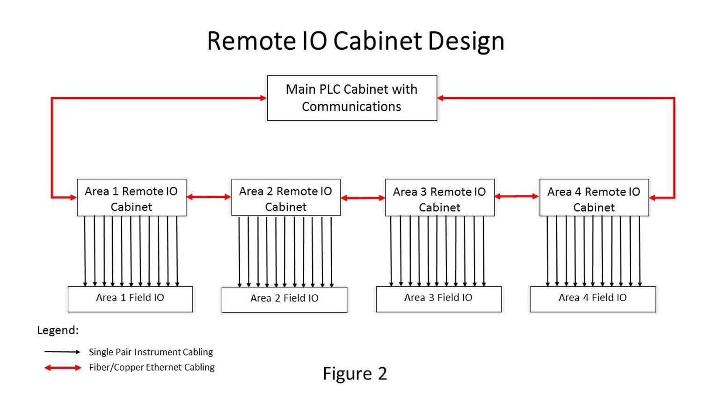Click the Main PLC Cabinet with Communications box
352,98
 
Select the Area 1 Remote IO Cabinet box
131,198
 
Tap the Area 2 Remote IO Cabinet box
286,198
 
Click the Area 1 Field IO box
130,299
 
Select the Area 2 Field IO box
284,299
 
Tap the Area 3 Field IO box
438,299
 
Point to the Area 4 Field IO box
593,299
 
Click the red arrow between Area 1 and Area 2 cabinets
209,197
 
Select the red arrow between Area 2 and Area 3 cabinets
363,198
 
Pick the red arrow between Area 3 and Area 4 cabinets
517,197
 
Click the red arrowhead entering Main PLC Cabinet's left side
263,98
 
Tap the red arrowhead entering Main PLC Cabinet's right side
441,98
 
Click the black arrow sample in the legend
62,352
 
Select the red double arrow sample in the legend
63,368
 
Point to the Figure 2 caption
355,374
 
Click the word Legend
58,330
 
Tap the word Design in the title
466,41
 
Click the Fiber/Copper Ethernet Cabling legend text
152,367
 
